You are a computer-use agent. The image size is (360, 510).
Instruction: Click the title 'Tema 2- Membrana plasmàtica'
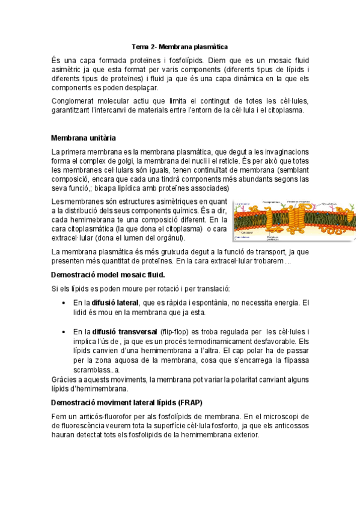click(180, 46)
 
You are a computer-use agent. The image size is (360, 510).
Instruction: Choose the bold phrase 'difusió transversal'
click(125, 331)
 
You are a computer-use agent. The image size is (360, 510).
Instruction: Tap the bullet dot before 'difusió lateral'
click(64, 303)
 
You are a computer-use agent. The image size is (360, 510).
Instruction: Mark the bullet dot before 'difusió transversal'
click(64, 332)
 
